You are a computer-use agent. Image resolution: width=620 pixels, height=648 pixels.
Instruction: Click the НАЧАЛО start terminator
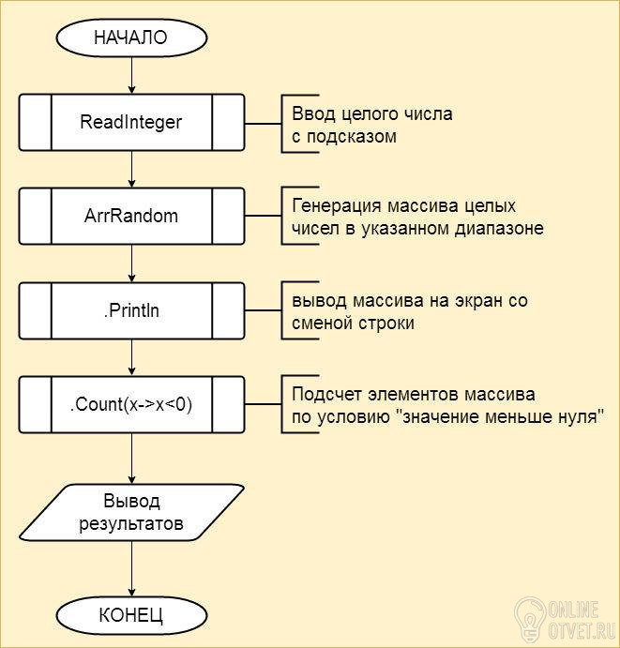pyautogui.click(x=130, y=38)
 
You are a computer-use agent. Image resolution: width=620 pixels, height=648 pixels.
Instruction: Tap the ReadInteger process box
pyautogui.click(x=130, y=122)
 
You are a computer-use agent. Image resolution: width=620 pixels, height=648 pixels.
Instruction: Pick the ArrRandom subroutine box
pyautogui.click(x=130, y=216)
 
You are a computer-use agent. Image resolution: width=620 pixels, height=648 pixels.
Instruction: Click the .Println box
pyautogui.click(x=130, y=310)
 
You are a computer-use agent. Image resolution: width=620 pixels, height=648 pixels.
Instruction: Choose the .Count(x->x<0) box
pyautogui.click(x=130, y=405)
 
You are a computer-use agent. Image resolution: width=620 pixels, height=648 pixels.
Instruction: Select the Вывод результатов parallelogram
pyautogui.click(x=130, y=511)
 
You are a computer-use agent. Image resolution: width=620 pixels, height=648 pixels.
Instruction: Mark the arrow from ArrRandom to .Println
pyautogui.click(x=130, y=264)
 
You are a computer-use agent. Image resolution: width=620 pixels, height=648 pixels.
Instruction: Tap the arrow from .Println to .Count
pyautogui.click(x=130, y=358)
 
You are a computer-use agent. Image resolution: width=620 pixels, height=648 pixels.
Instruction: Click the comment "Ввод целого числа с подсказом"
pyautogui.click(x=371, y=125)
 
